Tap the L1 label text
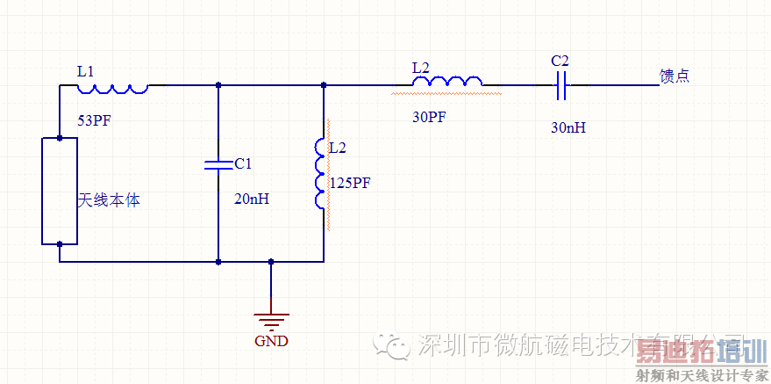pyautogui.click(x=85, y=70)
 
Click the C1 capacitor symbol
pyautogui.click(x=218, y=164)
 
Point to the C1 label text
pyautogui.click(x=243, y=163)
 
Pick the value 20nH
pyautogui.click(x=252, y=199)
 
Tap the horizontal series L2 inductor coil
pyautogui.click(x=447, y=83)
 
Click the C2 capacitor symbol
pyautogui.click(x=560, y=85)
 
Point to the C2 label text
pyautogui.click(x=560, y=61)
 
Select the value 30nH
pyautogui.click(x=568, y=127)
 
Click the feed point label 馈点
pyautogui.click(x=675, y=76)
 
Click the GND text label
pyautogui.click(x=270, y=341)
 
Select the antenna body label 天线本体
pyautogui.click(x=110, y=200)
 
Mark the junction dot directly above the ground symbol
pyautogui.click(x=270, y=261)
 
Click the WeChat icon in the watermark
pyautogui.click(x=394, y=345)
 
